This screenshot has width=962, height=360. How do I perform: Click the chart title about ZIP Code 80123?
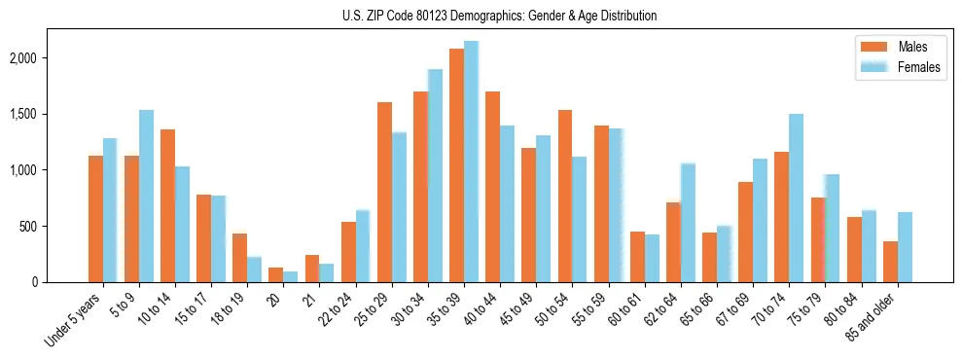[x=500, y=16]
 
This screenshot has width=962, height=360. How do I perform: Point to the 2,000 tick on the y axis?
[x=21, y=58]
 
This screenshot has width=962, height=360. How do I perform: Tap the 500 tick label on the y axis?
[x=26, y=227]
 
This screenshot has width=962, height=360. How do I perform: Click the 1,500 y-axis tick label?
[x=21, y=114]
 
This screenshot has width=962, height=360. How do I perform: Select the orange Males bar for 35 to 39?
[x=456, y=165]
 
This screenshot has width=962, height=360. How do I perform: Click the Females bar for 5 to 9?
[x=146, y=196]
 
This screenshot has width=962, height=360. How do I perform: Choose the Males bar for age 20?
[x=276, y=274]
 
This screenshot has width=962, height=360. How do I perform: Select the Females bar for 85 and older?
[x=905, y=247]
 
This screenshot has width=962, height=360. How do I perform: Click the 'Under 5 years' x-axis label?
[x=74, y=320]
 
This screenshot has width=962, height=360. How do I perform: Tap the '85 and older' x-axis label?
[x=873, y=316]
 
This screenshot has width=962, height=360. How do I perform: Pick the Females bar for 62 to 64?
[x=688, y=223]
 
